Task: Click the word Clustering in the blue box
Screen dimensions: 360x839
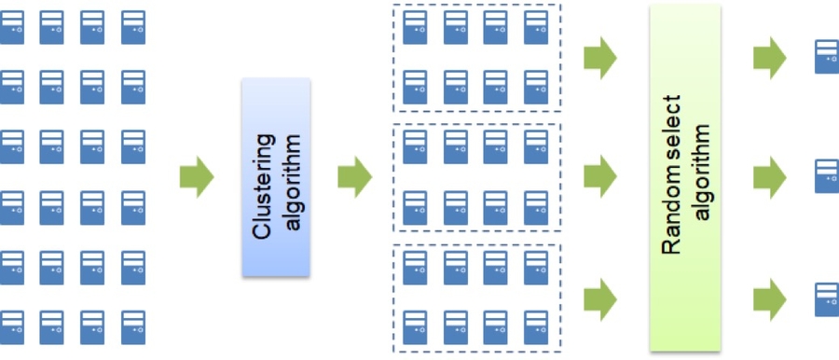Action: point(264,177)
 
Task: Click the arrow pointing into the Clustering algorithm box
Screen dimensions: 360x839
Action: point(196,177)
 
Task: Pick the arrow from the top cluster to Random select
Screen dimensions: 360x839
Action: point(599,59)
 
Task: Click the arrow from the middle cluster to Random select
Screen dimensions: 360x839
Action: point(599,174)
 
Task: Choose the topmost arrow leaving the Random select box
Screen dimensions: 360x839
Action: point(770,59)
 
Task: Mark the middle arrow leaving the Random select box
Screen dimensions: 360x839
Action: point(770,174)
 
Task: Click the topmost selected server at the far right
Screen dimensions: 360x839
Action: point(826,57)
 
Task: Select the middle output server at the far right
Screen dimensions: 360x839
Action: point(826,175)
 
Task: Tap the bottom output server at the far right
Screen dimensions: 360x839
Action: point(826,299)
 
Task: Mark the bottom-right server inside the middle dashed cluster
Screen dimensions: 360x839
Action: point(536,208)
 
